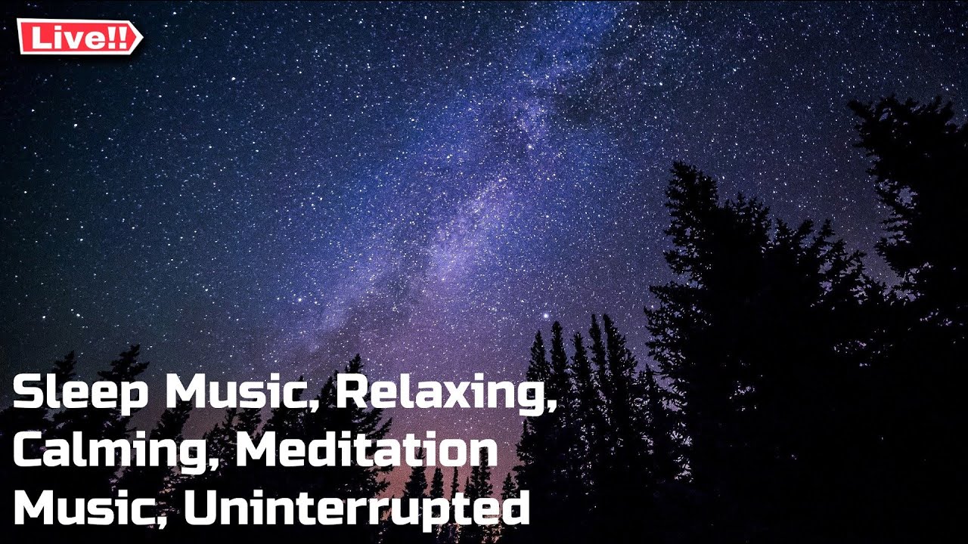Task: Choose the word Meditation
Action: point(367,451)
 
